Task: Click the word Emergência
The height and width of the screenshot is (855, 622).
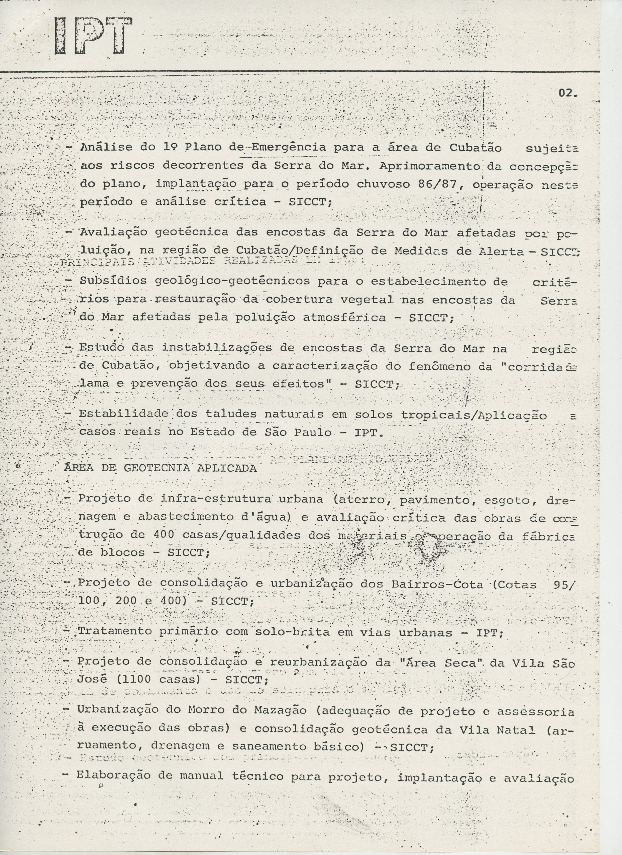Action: click(288, 148)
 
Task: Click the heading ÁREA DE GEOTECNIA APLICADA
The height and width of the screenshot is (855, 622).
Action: click(161, 468)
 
